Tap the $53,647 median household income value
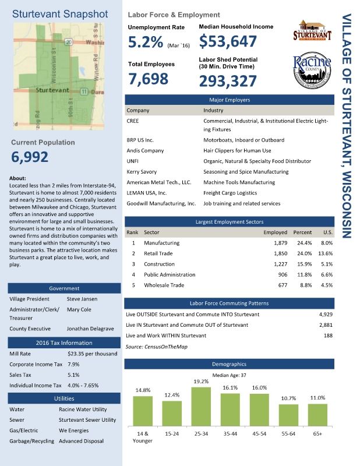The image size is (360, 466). coord(228,42)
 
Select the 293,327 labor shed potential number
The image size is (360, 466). coord(228,81)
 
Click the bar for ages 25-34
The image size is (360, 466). coord(201,406)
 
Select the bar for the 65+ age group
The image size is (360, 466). coord(317,414)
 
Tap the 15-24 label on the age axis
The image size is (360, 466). coord(172,434)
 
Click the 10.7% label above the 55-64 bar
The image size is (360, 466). coord(288,398)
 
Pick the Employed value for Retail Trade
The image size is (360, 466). coord(277,253)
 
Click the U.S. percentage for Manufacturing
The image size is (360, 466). coord(326,242)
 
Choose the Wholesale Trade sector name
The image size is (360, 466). coord(164,285)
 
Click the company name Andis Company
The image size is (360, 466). coord(145,150)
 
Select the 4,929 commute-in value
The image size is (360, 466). coord(325,315)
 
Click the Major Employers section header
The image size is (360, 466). coord(230,100)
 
